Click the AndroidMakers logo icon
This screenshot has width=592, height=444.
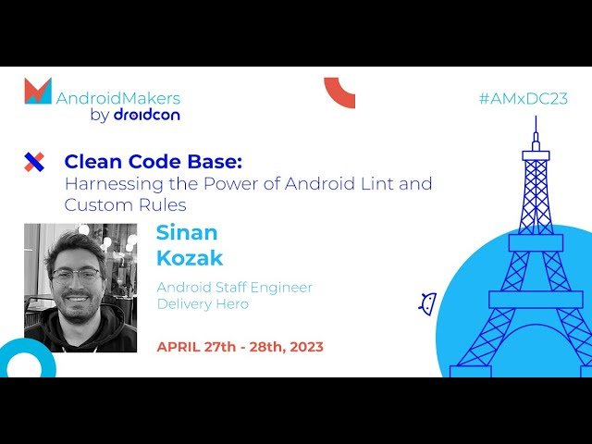(38, 91)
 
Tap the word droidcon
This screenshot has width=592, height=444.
(146, 116)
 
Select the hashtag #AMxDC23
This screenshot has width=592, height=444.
(523, 98)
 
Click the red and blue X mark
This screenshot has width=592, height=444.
(33, 163)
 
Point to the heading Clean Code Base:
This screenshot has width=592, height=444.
(153, 162)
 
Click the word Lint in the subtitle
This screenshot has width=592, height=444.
(379, 183)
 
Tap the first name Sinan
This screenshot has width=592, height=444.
(186, 233)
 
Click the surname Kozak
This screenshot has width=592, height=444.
(190, 258)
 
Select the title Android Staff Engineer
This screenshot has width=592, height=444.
(234, 287)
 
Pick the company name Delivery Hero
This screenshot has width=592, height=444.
(203, 303)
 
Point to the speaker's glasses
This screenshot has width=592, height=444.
(76, 276)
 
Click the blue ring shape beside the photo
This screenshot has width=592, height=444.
(26, 362)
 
